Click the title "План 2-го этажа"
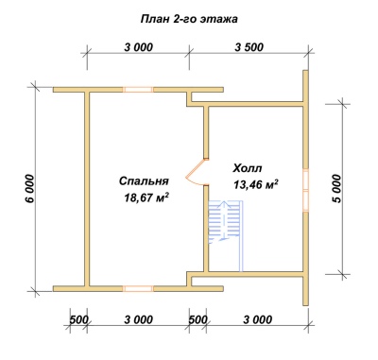(189, 19)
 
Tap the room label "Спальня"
(144, 181)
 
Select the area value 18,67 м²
(146, 197)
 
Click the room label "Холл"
(248, 168)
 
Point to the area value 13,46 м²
(256, 184)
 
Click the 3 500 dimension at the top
(249, 47)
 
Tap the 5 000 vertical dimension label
(336, 188)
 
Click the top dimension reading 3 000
(138, 47)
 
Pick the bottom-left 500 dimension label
(78, 319)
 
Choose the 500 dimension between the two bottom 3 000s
(198, 319)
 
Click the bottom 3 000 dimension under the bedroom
(138, 319)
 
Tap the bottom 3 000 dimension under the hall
(258, 319)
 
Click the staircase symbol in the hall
(226, 220)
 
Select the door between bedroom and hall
(196, 172)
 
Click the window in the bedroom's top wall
(138, 90)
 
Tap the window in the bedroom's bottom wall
(138, 288)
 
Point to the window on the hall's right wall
(305, 189)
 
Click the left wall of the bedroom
(88, 189)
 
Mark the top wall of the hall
(248, 104)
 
